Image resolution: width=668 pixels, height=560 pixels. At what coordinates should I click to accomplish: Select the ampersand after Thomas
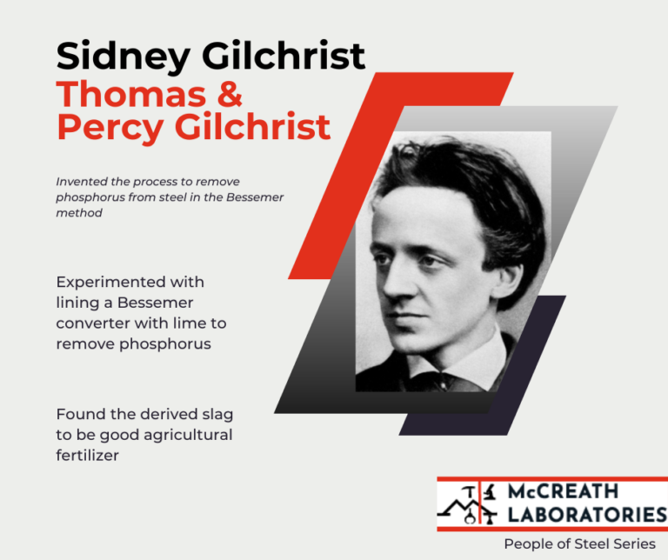pyautogui.click(x=228, y=93)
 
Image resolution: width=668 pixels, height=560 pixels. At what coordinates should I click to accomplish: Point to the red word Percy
pyautogui.click(x=109, y=127)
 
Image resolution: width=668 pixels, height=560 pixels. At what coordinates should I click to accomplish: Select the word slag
pyautogui.click(x=216, y=415)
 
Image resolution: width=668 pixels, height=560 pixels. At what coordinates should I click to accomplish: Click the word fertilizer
pyautogui.click(x=88, y=455)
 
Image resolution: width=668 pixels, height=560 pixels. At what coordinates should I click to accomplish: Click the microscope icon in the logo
pyautogui.click(x=490, y=492)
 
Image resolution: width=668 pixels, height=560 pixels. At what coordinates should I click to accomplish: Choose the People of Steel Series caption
pyautogui.click(x=580, y=543)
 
